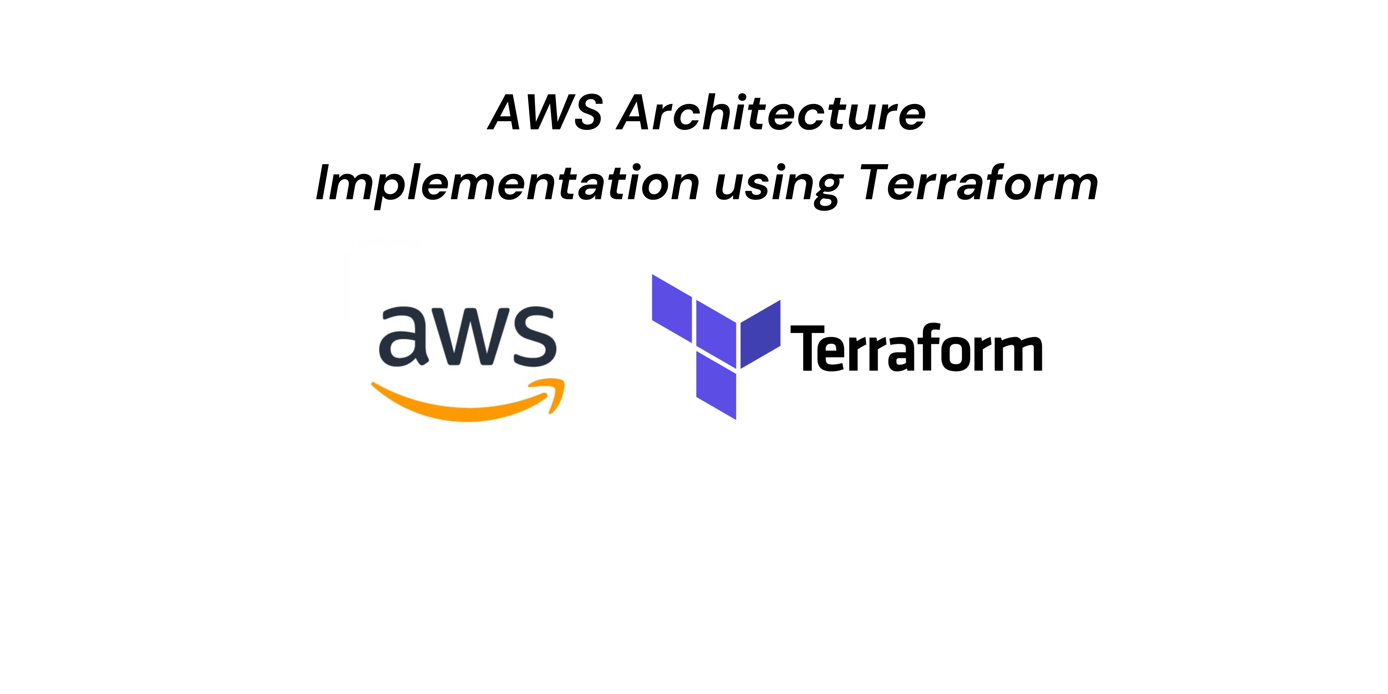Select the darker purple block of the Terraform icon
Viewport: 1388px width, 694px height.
coord(760,334)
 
